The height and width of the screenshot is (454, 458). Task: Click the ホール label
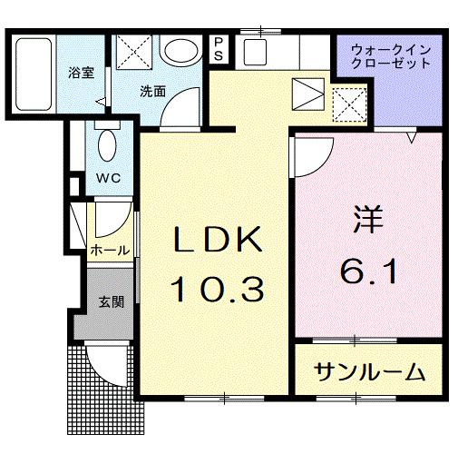coord(108,251)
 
